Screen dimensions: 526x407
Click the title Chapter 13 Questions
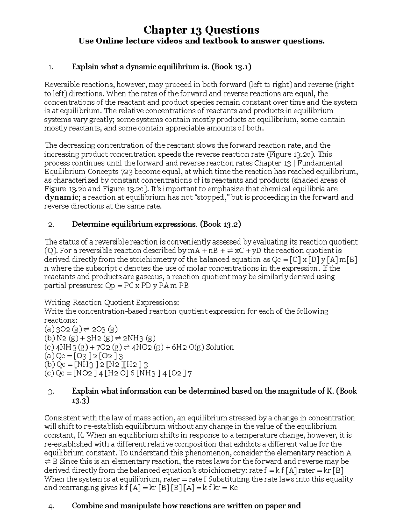(x=201, y=30)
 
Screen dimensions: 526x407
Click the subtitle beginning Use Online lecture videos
(x=201, y=41)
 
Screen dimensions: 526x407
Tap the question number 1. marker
(x=51, y=67)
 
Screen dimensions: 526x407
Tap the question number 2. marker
(x=51, y=225)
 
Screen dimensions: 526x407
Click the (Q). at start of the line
(x=51, y=251)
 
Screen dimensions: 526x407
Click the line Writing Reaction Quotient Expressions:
(x=112, y=302)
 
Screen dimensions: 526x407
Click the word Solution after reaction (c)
(x=220, y=347)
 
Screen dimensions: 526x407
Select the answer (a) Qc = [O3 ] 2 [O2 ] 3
(x=83, y=356)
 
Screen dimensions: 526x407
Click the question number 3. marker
(x=51, y=392)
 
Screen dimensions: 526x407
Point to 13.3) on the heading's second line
(x=80, y=400)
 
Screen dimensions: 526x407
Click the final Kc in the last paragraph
(x=233, y=488)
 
